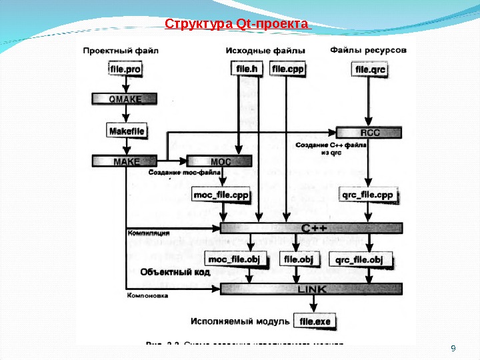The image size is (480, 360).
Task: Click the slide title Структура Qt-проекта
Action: pyautogui.click(x=237, y=25)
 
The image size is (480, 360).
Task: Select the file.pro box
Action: pyautogui.click(x=125, y=69)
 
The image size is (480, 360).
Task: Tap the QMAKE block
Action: pyautogui.click(x=125, y=99)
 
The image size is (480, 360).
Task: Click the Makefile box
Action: pyautogui.click(x=126, y=131)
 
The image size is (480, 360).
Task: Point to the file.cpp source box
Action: pyautogui.click(x=287, y=69)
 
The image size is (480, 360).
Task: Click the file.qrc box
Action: pyautogui.click(x=371, y=69)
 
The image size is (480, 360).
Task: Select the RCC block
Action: pyautogui.click(x=369, y=132)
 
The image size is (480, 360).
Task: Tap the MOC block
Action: pyautogui.click(x=220, y=161)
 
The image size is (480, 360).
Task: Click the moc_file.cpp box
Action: pyautogui.click(x=221, y=195)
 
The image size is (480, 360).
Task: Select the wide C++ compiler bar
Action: pyautogui.click(x=312, y=228)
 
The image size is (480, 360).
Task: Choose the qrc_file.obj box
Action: pyautogui.click(x=359, y=259)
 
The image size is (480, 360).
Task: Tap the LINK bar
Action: pyautogui.click(x=312, y=289)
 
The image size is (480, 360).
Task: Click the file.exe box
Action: pyautogui.click(x=315, y=321)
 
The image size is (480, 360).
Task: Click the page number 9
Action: pyautogui.click(x=453, y=349)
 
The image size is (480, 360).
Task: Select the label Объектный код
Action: pyautogui.click(x=175, y=272)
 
